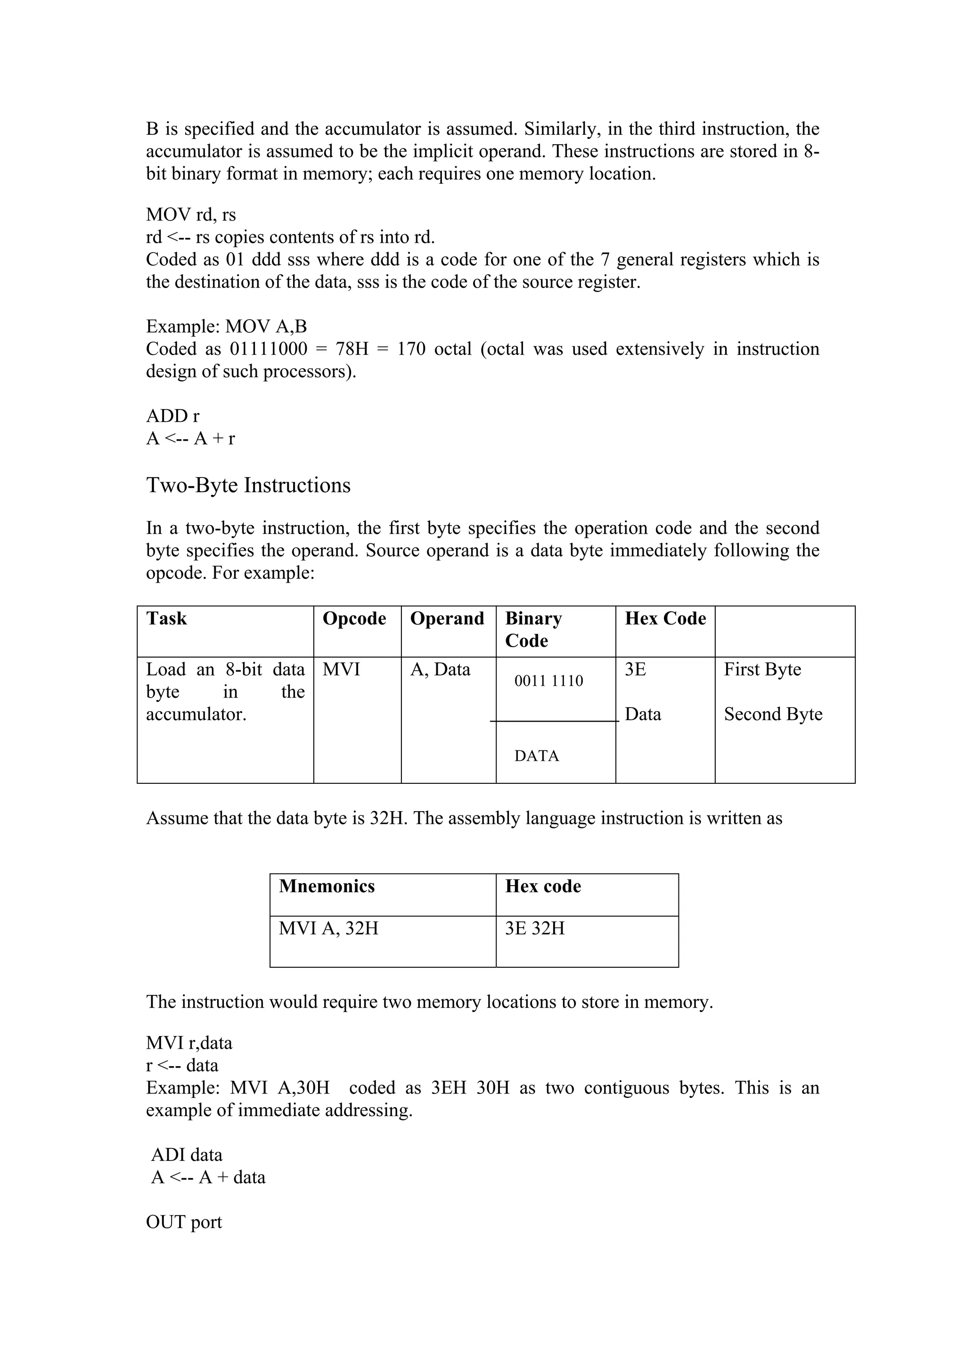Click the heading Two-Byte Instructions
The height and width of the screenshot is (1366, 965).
[x=248, y=485]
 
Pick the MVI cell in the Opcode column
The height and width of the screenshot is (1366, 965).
[x=341, y=669]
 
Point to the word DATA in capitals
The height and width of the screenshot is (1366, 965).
[x=536, y=756]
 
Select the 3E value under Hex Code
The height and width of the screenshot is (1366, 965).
[x=635, y=669]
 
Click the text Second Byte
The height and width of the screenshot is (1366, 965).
[x=773, y=714]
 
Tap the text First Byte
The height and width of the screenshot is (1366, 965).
[x=762, y=669]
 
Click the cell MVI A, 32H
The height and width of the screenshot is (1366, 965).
[x=328, y=928]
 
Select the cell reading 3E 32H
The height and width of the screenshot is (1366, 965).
[x=534, y=928]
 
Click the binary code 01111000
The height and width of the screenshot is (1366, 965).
[x=269, y=349]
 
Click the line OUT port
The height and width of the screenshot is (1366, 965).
[x=184, y=1222]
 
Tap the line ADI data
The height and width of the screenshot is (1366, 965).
[x=187, y=1155]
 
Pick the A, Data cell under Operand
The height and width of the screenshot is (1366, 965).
[x=440, y=669]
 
